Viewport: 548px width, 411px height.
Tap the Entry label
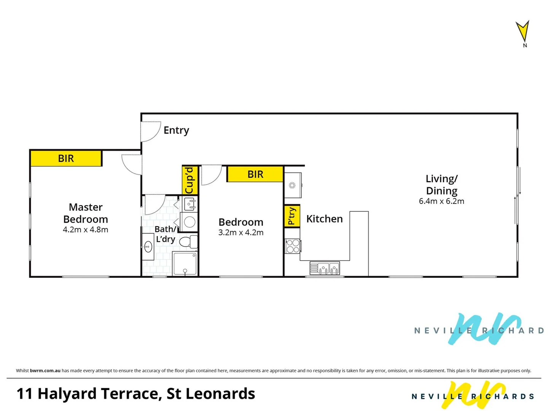point(176,130)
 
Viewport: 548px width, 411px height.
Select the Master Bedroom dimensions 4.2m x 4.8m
point(86,230)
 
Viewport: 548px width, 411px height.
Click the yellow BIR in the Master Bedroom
point(66,158)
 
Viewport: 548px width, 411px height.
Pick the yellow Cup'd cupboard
point(190,180)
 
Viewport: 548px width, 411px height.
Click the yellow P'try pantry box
point(292,216)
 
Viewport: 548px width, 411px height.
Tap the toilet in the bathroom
point(188,242)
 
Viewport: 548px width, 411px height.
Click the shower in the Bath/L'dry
point(185,263)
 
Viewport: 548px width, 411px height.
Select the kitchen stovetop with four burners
point(293,246)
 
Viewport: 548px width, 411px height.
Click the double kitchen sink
point(325,268)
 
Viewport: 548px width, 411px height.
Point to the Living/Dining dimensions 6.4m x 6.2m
point(441,201)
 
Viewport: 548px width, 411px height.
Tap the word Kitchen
point(325,219)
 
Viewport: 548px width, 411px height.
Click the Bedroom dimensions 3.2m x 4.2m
point(241,233)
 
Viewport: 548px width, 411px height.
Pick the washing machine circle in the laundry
point(190,222)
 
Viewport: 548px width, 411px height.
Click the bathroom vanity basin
point(148,247)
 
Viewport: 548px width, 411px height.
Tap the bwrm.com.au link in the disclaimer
point(45,371)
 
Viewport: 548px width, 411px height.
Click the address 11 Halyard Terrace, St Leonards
point(135,394)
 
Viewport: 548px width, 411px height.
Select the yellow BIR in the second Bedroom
point(255,174)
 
